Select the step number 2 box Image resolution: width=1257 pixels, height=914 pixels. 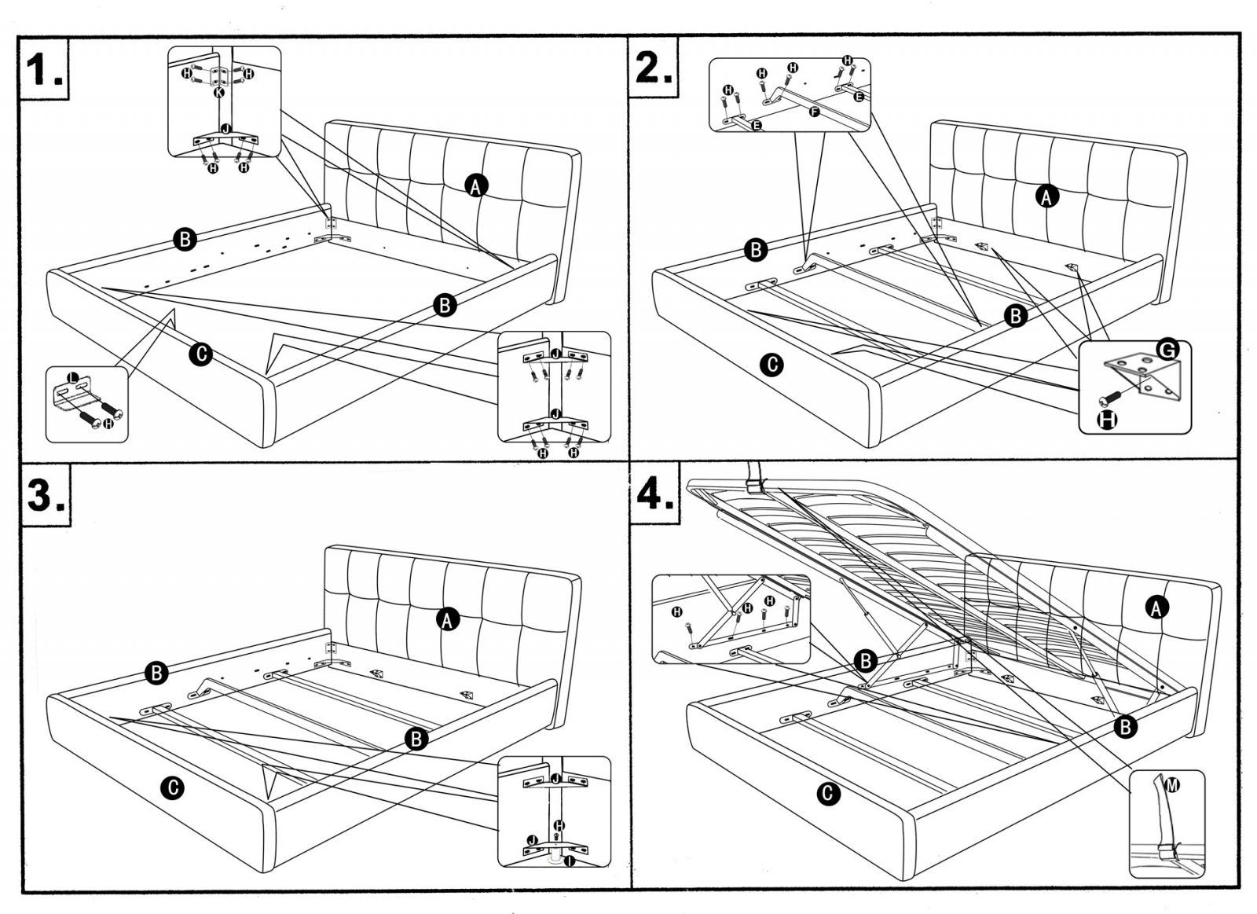tap(654, 68)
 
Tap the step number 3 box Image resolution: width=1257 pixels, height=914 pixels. tap(46, 495)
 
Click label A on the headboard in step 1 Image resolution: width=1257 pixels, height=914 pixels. tap(476, 185)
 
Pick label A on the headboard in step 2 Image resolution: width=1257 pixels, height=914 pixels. tap(1046, 196)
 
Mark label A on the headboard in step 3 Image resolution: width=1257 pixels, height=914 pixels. tap(447, 620)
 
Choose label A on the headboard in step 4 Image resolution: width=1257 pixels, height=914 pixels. tap(1156, 607)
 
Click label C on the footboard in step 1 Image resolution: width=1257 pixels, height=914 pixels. tap(201, 354)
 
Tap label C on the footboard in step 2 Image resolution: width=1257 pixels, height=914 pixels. tap(772, 365)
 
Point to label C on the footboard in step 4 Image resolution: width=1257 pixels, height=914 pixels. tap(827, 794)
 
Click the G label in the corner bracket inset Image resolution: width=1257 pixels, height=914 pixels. tap(1167, 350)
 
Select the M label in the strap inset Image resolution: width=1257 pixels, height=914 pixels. tap(1172, 784)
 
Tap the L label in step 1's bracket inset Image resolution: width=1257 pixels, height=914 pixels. tap(73, 378)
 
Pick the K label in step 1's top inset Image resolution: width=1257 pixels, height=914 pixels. tap(219, 92)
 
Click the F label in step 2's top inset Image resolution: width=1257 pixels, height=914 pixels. tap(814, 112)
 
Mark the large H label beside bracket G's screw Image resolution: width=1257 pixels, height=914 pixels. tap(1107, 420)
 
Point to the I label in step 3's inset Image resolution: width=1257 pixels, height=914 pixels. tap(569, 861)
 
